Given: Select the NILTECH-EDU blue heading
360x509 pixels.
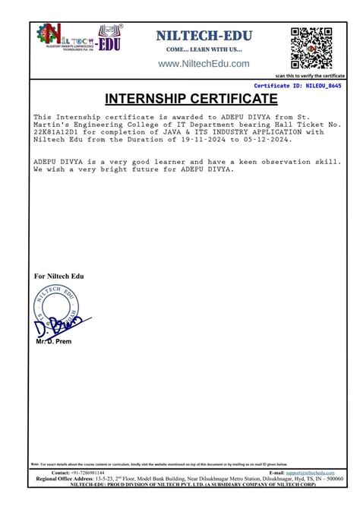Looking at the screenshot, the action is (x=204, y=35).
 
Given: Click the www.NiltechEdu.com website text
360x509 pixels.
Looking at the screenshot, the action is (x=204, y=64).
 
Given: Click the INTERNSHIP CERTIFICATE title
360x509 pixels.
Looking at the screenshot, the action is (x=180, y=100).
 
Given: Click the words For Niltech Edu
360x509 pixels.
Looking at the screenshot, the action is (x=59, y=274).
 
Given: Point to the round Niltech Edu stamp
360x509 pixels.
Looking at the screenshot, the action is (x=55, y=307).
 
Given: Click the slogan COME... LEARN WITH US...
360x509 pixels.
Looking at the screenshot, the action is (x=204, y=49).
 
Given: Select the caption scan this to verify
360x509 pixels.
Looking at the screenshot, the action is (x=310, y=76).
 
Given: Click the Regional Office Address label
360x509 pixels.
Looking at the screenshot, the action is (x=63, y=479).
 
